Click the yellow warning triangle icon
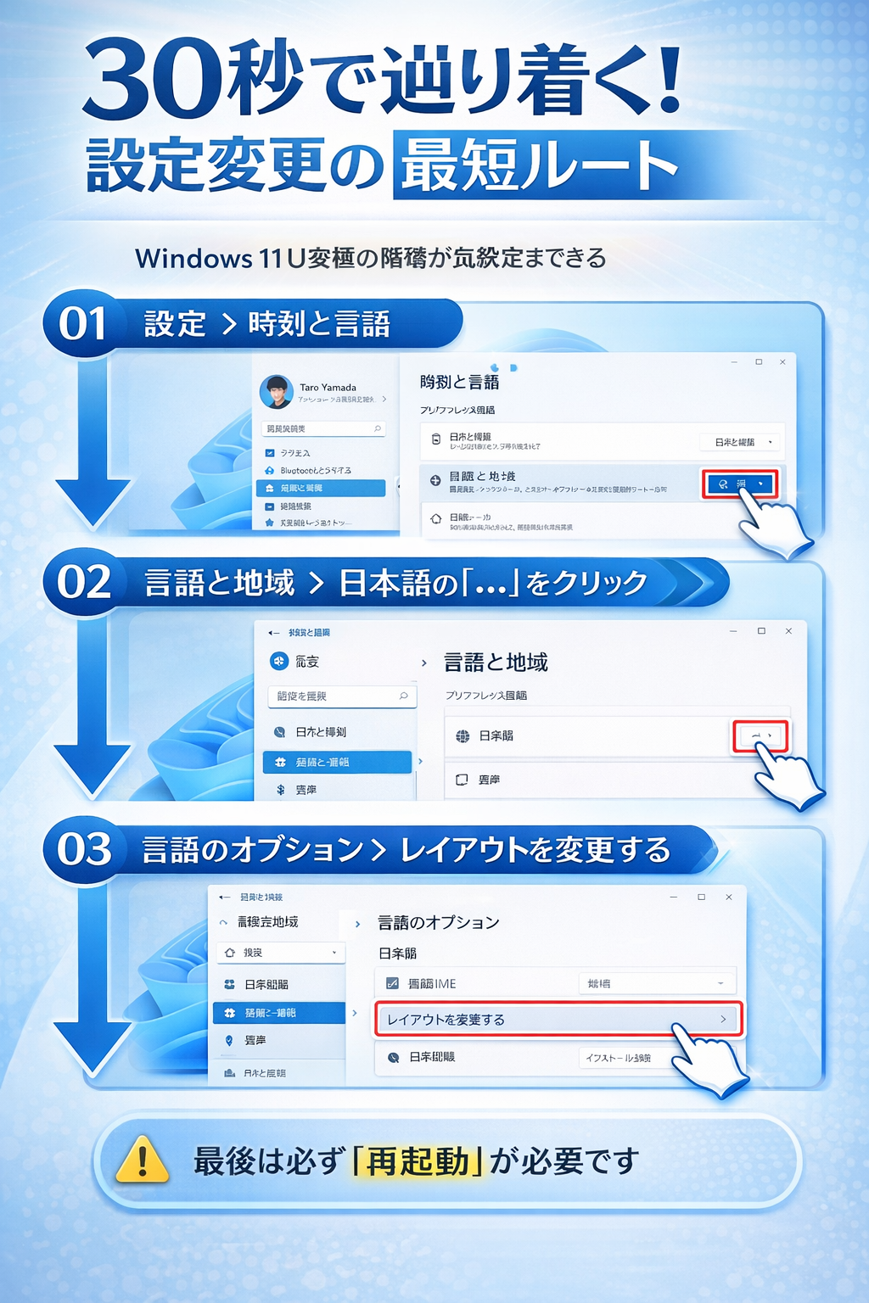point(142,1160)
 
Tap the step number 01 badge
point(82,323)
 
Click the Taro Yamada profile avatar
point(277,391)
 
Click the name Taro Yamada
point(328,388)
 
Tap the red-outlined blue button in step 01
point(739,484)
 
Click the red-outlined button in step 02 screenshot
point(760,735)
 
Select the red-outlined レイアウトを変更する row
point(558,1019)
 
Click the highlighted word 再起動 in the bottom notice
point(418,1161)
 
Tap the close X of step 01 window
point(782,362)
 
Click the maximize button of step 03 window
point(701,897)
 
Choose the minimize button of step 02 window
point(733,631)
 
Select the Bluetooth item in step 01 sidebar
point(315,470)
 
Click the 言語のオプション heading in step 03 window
point(438,923)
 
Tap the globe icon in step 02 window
point(463,736)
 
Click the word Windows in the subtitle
point(193,258)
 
